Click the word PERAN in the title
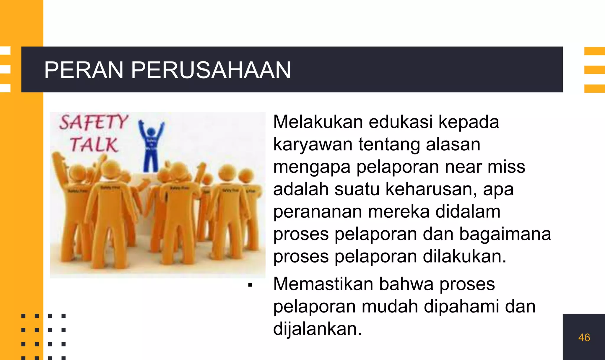(x=84, y=70)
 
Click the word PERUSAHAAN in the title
(x=211, y=70)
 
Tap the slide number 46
(x=584, y=338)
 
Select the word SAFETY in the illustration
(x=94, y=122)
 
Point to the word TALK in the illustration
(x=94, y=145)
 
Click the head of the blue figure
(x=151, y=131)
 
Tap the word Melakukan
(x=318, y=122)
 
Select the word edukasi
(x=401, y=122)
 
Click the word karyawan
(x=313, y=145)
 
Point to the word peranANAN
(x=318, y=212)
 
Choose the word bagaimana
(x=505, y=234)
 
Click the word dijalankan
(x=317, y=329)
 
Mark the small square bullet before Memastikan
(x=250, y=285)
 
